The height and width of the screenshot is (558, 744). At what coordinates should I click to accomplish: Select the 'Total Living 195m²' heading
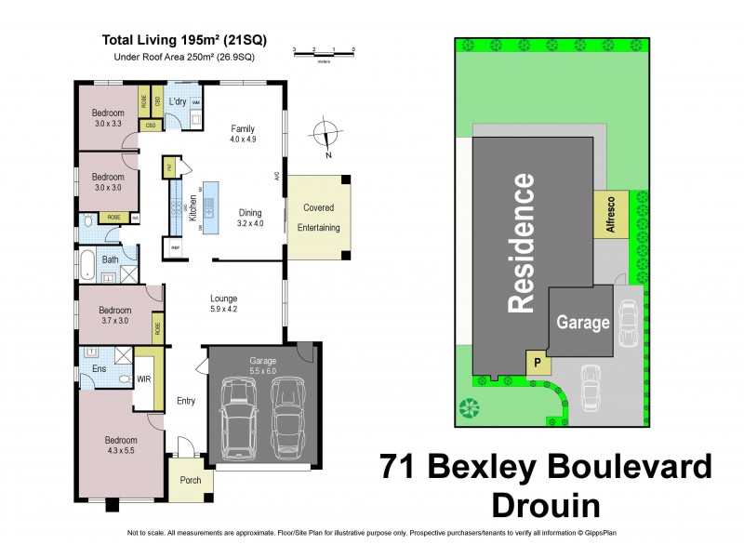pos(179,40)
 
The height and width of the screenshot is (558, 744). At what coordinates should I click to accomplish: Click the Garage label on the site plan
pos(583,323)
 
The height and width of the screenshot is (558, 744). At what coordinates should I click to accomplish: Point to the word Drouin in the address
pos(545,505)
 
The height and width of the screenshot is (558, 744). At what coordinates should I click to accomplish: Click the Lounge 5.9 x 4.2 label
pos(225,302)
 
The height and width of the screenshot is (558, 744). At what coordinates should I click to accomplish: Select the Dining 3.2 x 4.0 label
pos(250,218)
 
